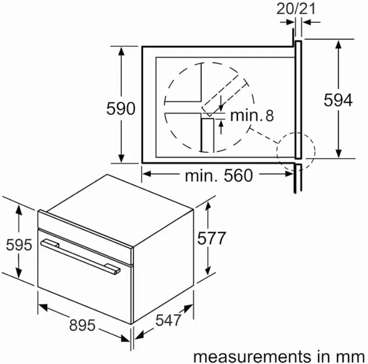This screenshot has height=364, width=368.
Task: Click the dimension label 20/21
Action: pyautogui.click(x=296, y=9)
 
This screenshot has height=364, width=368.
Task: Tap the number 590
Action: pyautogui.click(x=121, y=108)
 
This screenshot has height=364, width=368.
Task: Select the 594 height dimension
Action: pyautogui.click(x=338, y=100)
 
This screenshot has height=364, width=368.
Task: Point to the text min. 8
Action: pyautogui.click(x=252, y=116)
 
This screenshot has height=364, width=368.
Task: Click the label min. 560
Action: pyautogui.click(x=219, y=176)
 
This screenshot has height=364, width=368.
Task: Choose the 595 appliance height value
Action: pyautogui.click(x=19, y=245)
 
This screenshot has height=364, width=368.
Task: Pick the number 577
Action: pyautogui.click(x=212, y=238)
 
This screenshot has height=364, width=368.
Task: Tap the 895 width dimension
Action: pyautogui.click(x=82, y=325)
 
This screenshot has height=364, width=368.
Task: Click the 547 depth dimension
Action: pyautogui.click(x=169, y=320)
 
